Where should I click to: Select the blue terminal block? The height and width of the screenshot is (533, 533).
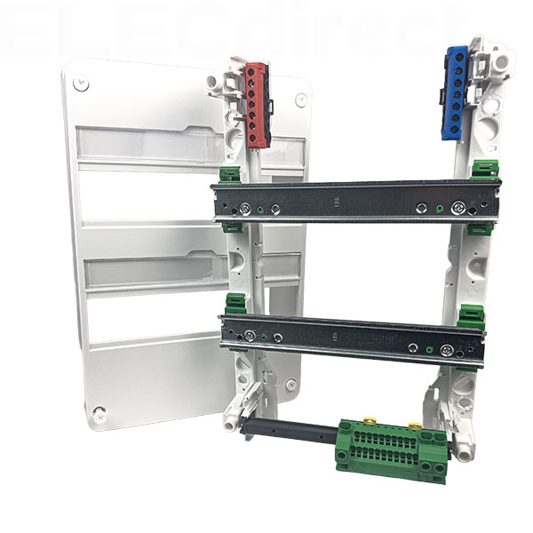[x=455, y=92]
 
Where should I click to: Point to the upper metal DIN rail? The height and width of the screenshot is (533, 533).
[x=355, y=201]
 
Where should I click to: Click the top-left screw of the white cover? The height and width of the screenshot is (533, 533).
[x=82, y=84]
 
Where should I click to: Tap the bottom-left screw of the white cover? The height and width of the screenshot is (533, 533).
[x=99, y=412]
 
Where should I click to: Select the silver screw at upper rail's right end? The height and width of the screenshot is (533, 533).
[x=458, y=209]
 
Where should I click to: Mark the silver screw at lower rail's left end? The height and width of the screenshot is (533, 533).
[x=251, y=335]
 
